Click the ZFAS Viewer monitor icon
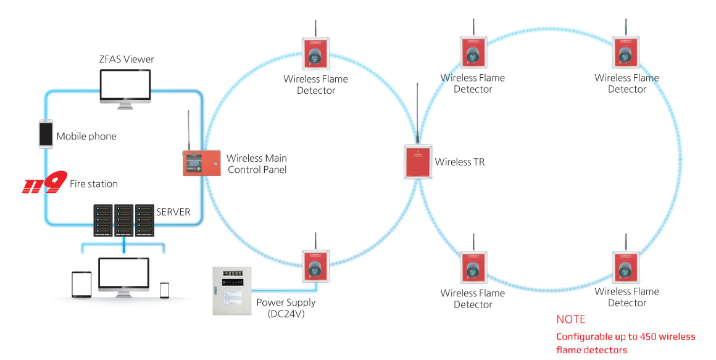[x=125, y=86]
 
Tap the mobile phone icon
[x=46, y=133]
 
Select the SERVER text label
[x=174, y=212]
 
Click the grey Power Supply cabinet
[x=233, y=290]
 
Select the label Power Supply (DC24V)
[x=286, y=308]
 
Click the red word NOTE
[x=571, y=320]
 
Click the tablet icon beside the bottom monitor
[x=81, y=284]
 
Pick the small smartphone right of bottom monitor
[x=164, y=289]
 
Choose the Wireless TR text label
[x=460, y=162]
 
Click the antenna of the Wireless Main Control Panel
[x=189, y=130]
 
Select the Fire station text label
[x=94, y=184]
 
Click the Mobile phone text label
[x=86, y=136]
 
